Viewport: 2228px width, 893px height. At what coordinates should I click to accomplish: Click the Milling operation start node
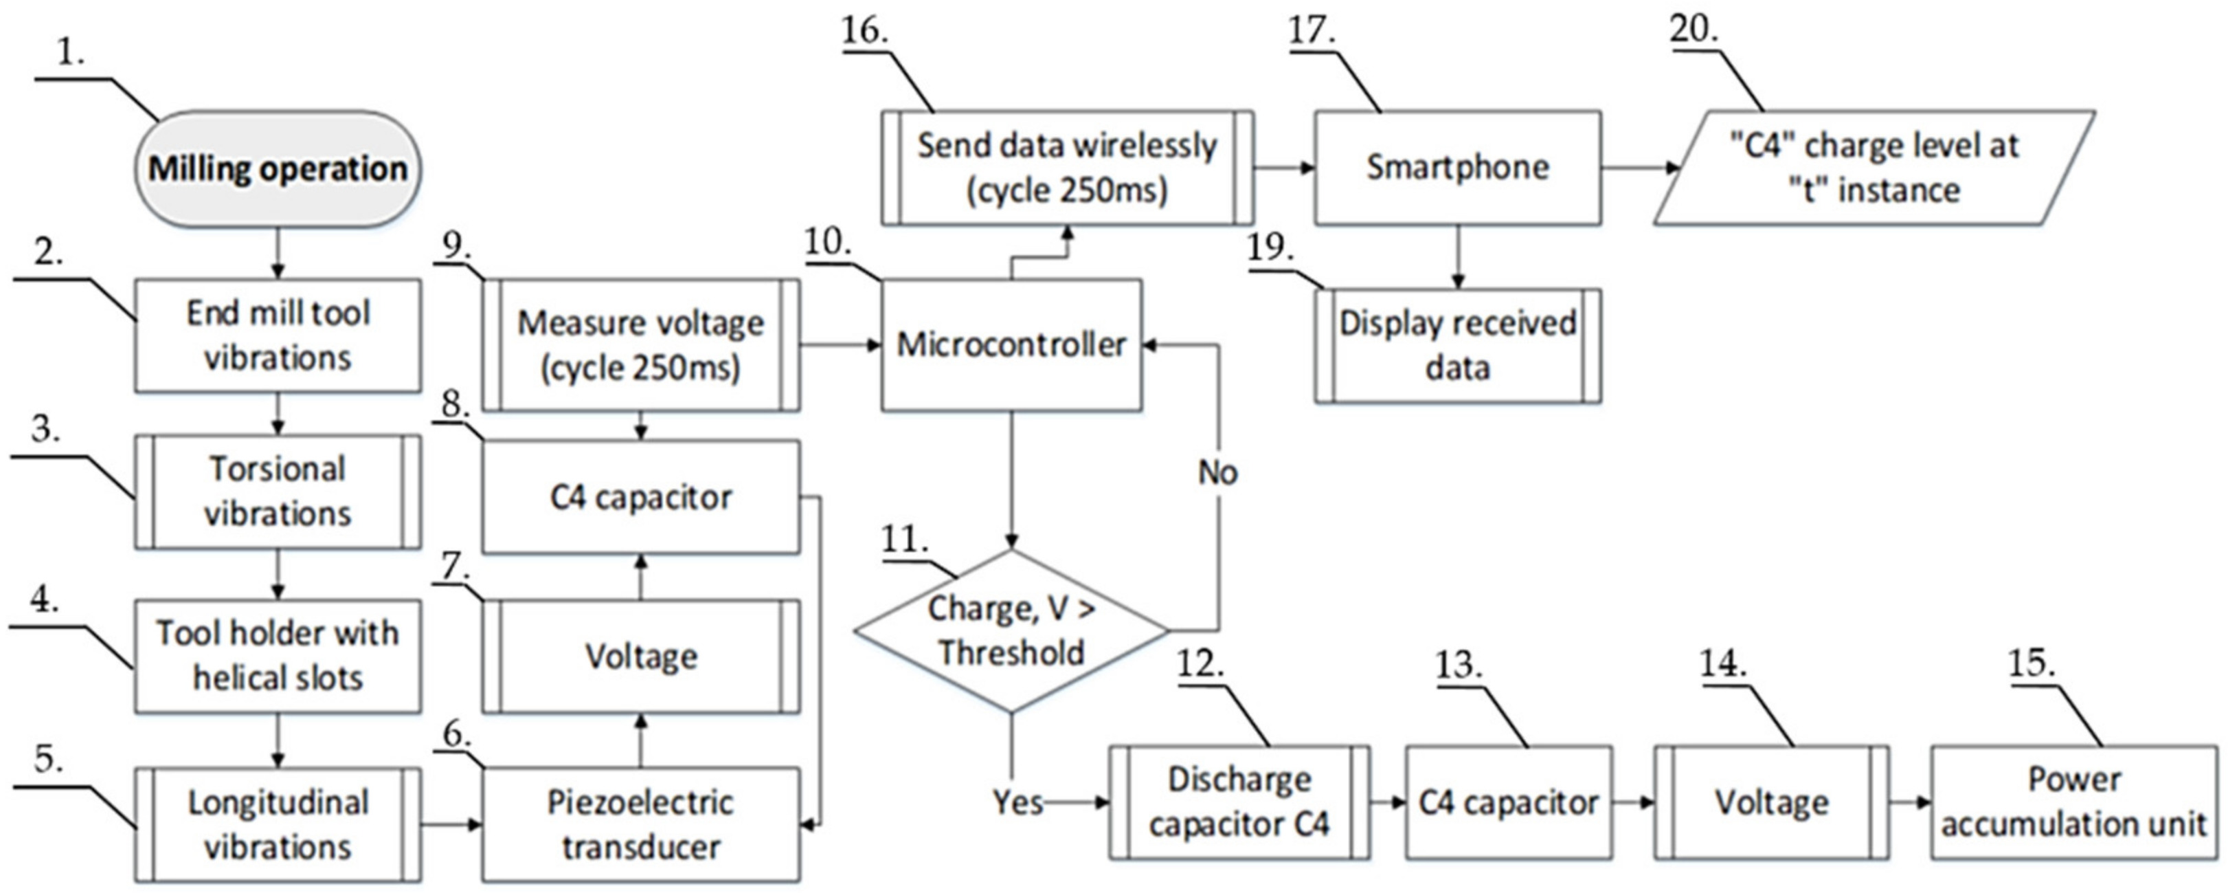pyautogui.click(x=277, y=168)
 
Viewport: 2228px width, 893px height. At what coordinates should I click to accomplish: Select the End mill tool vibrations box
pyautogui.click(x=277, y=335)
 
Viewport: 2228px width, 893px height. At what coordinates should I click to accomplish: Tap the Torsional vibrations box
pyautogui.click(x=277, y=492)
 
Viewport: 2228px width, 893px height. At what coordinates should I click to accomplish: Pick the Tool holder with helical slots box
pyautogui.click(x=277, y=656)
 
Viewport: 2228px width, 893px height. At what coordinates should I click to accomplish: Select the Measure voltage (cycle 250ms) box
pyautogui.click(x=640, y=344)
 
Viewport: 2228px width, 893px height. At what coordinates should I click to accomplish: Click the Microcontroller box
pyautogui.click(x=1010, y=344)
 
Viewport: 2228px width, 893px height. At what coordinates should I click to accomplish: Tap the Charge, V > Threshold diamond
pyautogui.click(x=1010, y=630)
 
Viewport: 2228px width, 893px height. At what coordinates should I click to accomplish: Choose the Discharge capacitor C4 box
pyautogui.click(x=1239, y=802)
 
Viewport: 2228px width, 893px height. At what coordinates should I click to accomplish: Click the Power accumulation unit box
pyautogui.click(x=2073, y=802)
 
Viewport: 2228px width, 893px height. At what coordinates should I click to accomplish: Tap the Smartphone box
pyautogui.click(x=1457, y=168)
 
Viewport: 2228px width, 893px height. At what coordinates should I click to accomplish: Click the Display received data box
pyautogui.click(x=1457, y=345)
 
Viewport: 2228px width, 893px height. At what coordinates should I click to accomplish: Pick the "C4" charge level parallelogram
pyautogui.click(x=1873, y=168)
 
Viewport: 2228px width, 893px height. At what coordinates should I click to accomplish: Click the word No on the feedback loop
pyautogui.click(x=1218, y=472)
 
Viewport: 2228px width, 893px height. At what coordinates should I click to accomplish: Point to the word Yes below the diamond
pyautogui.click(x=1017, y=802)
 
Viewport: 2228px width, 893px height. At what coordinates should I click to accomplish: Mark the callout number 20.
pyautogui.click(x=1693, y=30)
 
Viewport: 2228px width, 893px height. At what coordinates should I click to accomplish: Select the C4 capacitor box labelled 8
pyautogui.click(x=640, y=498)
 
